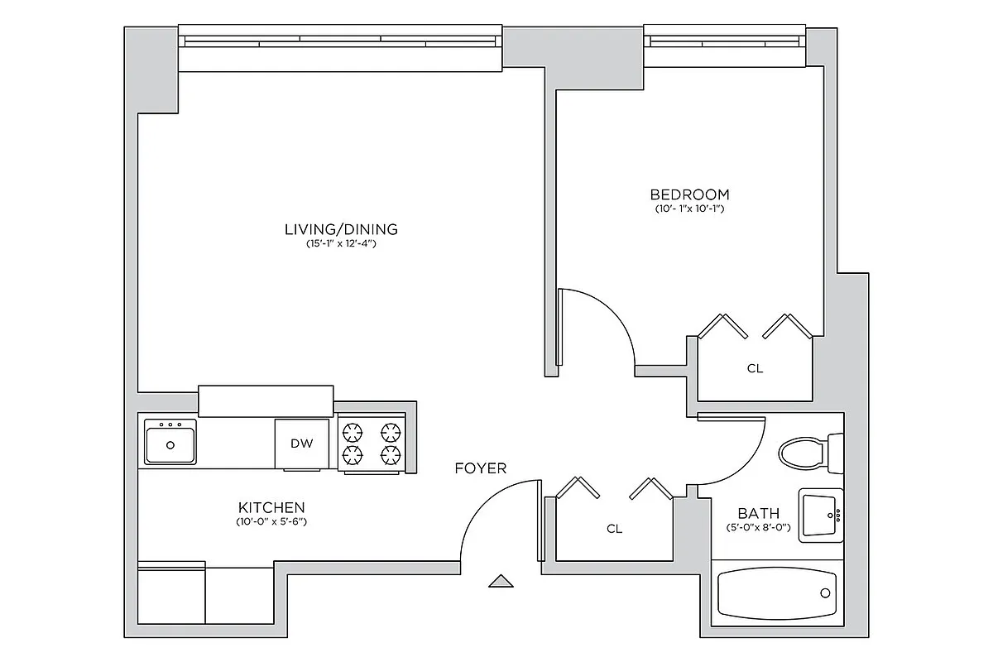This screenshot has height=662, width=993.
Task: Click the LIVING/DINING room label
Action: (x=341, y=229)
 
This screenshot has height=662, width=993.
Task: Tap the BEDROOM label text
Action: (x=689, y=194)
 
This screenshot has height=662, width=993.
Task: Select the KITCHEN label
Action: (x=271, y=507)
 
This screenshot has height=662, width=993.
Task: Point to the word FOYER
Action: (x=480, y=468)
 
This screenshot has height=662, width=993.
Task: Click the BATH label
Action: (x=758, y=514)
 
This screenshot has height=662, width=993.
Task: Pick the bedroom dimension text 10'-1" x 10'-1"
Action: (x=689, y=209)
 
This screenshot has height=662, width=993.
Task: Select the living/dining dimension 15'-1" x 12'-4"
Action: (x=341, y=244)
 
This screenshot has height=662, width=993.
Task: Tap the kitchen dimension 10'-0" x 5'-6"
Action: (x=271, y=522)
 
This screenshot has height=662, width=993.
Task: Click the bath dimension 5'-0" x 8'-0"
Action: (x=758, y=528)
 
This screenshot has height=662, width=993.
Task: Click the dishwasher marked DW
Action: (x=301, y=444)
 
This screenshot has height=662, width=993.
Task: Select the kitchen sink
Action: (x=170, y=442)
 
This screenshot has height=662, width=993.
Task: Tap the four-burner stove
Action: (x=371, y=444)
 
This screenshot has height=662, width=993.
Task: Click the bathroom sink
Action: (x=820, y=515)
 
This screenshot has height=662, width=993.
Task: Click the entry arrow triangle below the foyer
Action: (x=501, y=582)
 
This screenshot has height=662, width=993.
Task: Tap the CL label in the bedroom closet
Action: (x=754, y=369)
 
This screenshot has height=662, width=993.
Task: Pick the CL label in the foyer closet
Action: (x=613, y=529)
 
